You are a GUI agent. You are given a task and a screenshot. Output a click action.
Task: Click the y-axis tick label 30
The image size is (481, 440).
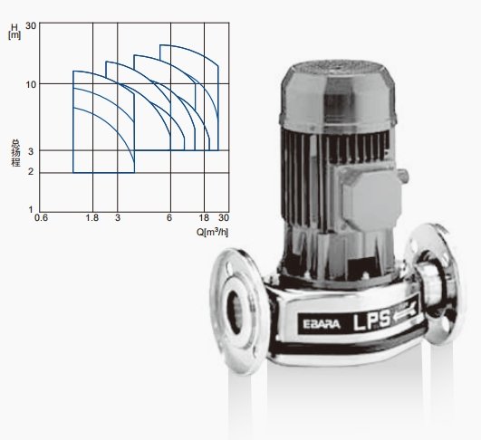pos(31,25)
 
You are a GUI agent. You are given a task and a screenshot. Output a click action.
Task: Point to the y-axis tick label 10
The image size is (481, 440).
pos(31,84)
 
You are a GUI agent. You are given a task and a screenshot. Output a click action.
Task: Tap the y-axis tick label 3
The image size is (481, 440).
pos(31,151)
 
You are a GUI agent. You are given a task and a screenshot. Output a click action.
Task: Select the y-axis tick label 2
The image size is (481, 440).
pos(31,171)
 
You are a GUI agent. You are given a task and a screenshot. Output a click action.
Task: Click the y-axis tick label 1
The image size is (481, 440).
pos(31,210)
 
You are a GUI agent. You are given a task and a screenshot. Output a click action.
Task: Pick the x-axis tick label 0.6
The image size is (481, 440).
pos(41,217)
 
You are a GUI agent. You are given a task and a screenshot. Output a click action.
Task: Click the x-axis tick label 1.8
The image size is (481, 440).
pos(92,217)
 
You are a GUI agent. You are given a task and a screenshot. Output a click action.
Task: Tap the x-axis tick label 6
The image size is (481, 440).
pos(169,217)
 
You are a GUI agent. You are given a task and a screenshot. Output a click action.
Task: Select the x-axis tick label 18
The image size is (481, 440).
pos(204,217)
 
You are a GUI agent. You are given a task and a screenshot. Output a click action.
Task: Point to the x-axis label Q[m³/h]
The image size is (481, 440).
pos(212,232)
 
